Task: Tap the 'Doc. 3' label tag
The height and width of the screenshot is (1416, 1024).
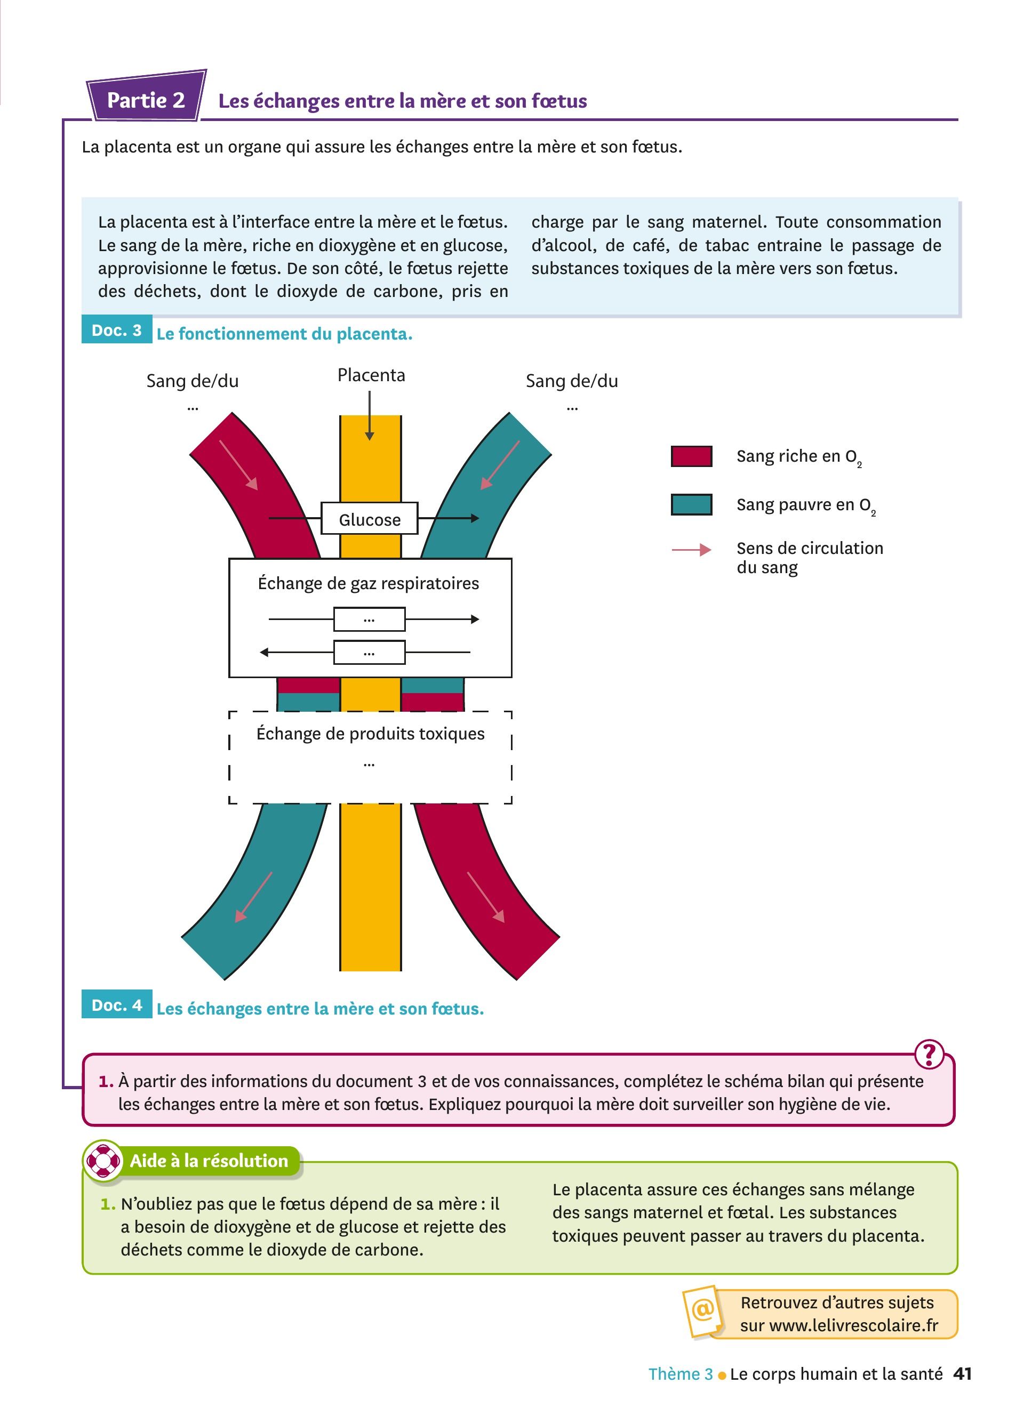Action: click(117, 329)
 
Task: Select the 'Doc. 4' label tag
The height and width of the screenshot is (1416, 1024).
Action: click(117, 1004)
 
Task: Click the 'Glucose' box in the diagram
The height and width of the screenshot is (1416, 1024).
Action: click(369, 518)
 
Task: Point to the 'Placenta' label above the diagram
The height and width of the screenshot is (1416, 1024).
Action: click(371, 375)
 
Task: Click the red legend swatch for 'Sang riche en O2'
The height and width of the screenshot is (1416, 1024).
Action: click(691, 456)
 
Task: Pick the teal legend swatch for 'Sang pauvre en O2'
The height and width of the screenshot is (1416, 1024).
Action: click(691, 504)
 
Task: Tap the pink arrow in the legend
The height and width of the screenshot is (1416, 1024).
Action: click(691, 550)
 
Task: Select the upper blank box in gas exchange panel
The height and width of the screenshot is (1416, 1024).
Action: click(369, 619)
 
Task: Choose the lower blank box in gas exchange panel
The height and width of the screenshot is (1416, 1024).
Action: click(369, 653)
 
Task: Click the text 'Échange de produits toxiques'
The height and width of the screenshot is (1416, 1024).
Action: click(370, 733)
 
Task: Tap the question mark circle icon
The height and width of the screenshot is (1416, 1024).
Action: click(929, 1055)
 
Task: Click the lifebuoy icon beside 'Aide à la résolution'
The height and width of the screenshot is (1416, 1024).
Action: click(103, 1160)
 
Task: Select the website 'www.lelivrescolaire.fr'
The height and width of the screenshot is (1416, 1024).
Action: click(853, 1325)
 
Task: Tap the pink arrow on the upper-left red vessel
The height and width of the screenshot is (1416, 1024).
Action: click(238, 464)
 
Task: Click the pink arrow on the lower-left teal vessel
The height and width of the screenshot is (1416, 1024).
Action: click(253, 897)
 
